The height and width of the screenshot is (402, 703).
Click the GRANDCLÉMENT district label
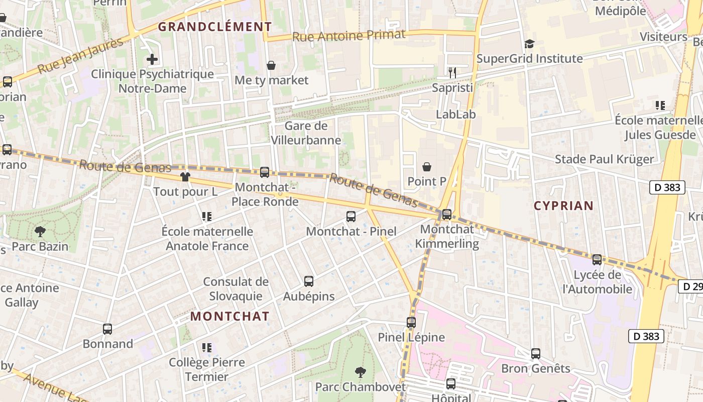point(215,27)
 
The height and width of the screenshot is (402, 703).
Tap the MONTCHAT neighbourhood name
point(230,316)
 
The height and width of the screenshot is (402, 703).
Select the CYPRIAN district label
point(563,206)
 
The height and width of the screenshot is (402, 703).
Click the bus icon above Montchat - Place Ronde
point(265,172)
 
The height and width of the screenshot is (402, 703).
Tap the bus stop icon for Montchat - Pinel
point(351,217)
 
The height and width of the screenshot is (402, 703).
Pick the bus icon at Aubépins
point(309,281)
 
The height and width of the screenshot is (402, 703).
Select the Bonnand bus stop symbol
point(107,329)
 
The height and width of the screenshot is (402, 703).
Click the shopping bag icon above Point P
point(427,166)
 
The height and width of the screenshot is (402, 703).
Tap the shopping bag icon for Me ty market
point(271,65)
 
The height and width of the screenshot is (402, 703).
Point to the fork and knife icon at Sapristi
point(452,73)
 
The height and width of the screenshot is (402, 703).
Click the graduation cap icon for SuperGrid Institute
point(529,44)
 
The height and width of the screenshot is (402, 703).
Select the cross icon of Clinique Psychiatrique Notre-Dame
point(152,59)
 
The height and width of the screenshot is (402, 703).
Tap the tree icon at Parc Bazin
point(40,232)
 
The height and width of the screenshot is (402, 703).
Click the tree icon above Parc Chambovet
point(360,372)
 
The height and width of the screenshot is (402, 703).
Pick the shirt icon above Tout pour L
point(185,177)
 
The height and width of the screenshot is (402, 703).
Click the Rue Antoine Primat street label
point(348,35)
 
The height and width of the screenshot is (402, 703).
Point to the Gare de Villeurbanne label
point(306,133)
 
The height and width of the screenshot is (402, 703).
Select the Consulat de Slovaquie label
point(236,288)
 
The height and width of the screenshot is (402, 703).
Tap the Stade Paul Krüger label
point(604,159)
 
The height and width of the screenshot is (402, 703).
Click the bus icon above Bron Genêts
point(536,354)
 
